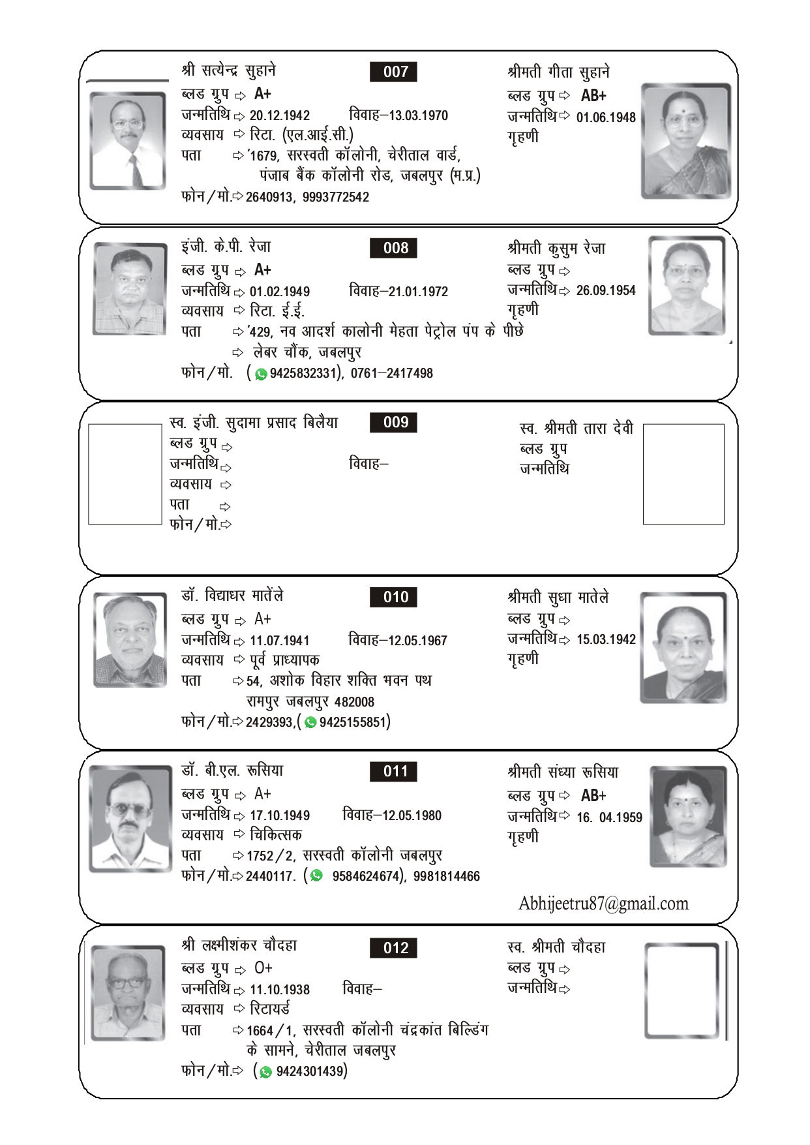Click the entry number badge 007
(395, 72)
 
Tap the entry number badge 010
(395, 597)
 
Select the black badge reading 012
(395, 948)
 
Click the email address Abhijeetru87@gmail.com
(603, 904)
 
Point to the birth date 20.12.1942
(280, 115)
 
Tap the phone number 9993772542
(335, 197)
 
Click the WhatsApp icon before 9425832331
(261, 374)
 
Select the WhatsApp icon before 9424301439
(265, 1072)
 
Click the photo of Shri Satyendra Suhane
(128, 141)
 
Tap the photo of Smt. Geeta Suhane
(685, 141)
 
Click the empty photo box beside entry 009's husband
(125, 474)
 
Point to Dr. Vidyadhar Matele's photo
(130, 640)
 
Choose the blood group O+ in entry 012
(263, 968)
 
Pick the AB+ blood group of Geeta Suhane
(593, 96)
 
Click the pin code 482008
(354, 702)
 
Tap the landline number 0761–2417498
(391, 373)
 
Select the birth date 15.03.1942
(606, 639)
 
